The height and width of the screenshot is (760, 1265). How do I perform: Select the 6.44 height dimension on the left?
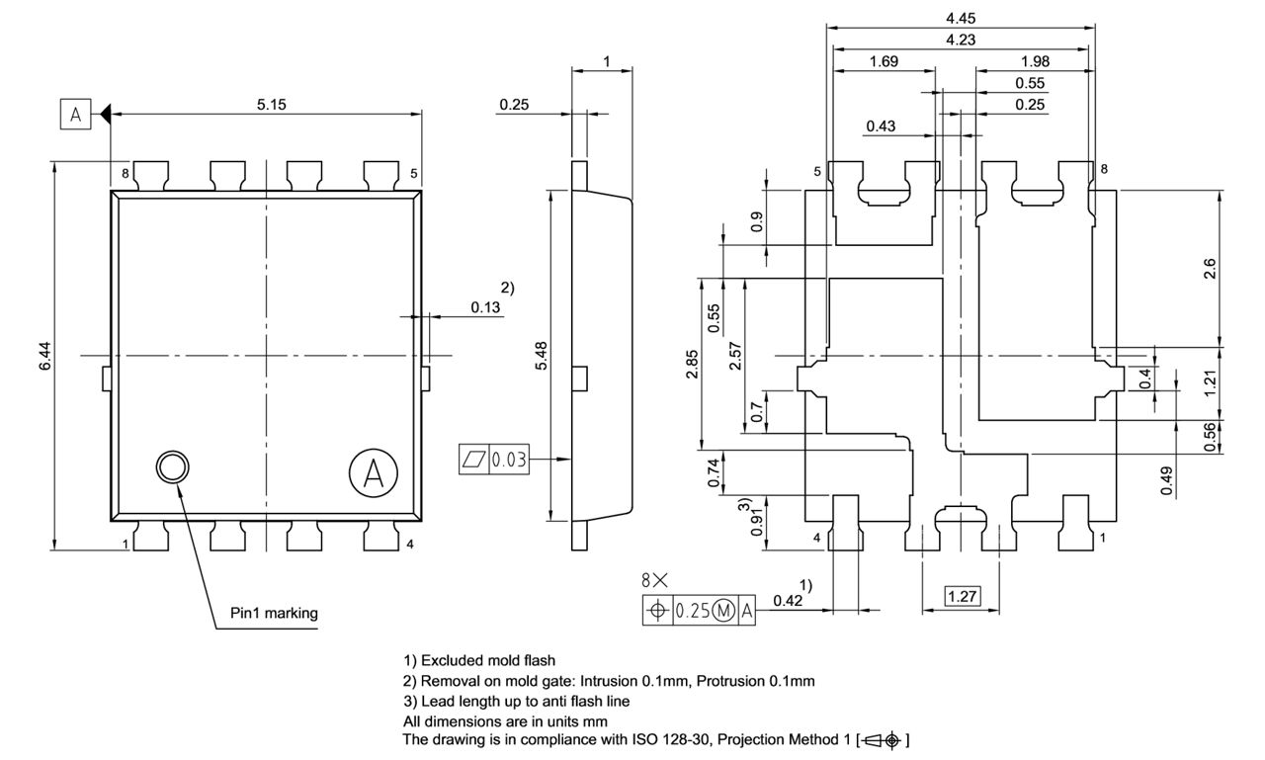[43, 356]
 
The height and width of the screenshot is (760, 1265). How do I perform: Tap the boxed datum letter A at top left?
[75, 115]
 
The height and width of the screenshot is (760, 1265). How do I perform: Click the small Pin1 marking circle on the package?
[172, 467]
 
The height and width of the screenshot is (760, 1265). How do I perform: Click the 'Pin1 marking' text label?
[275, 613]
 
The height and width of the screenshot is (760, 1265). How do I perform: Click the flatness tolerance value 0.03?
[509, 460]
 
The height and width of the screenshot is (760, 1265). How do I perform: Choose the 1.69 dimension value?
[883, 61]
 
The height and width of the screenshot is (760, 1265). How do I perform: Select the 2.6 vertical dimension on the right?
[1210, 269]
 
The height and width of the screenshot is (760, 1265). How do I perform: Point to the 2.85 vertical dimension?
[693, 362]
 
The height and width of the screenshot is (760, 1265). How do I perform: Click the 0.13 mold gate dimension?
[485, 307]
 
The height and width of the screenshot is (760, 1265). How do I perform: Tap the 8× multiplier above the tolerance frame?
[653, 581]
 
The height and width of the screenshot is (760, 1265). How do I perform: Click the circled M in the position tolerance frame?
[723, 612]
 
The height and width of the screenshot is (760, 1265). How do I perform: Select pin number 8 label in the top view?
[126, 173]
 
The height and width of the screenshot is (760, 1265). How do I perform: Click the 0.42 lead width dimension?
[787, 600]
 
